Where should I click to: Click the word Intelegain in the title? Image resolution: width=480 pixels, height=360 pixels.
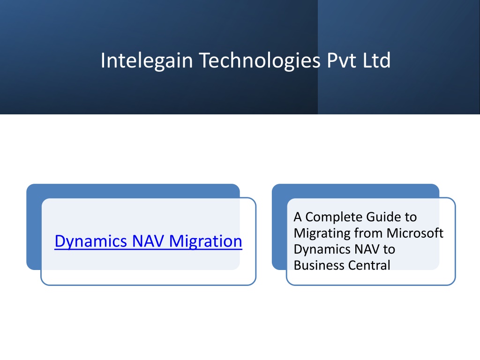(x=147, y=60)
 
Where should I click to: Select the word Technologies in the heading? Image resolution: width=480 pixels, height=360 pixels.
(x=260, y=60)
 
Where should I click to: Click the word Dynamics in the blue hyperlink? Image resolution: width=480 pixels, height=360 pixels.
(x=90, y=241)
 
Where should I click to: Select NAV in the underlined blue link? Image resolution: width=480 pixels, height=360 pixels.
(x=148, y=241)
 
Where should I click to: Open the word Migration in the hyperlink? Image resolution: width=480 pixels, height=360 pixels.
(x=205, y=241)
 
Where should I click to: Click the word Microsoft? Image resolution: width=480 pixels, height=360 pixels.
(x=415, y=233)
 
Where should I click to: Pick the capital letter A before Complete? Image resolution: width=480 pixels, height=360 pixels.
(x=298, y=217)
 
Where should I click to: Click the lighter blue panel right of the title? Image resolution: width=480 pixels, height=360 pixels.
(x=398, y=57)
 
